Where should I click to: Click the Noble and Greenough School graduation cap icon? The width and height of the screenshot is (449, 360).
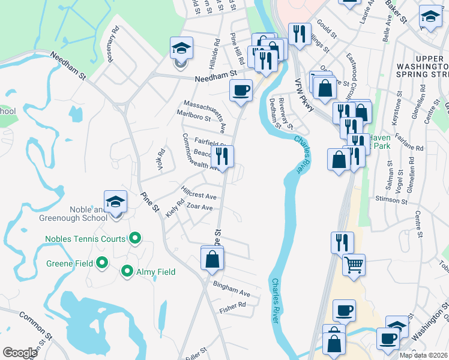click(116, 202)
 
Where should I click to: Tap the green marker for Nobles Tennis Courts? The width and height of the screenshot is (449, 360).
click(135, 239)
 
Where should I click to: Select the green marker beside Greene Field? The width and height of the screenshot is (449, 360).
click(102, 263)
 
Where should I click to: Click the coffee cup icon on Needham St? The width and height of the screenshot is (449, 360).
click(241, 91)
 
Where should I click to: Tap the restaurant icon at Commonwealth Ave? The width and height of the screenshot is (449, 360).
click(222, 157)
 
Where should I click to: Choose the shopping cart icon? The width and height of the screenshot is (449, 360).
click(354, 265)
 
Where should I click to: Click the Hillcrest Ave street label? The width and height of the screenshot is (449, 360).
click(198, 193)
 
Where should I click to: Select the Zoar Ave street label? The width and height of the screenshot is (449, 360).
click(200, 208)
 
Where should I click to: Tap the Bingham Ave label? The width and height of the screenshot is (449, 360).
click(232, 289)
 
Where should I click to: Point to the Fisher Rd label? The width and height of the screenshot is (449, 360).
click(232, 305)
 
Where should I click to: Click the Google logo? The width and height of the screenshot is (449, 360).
click(19, 353)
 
